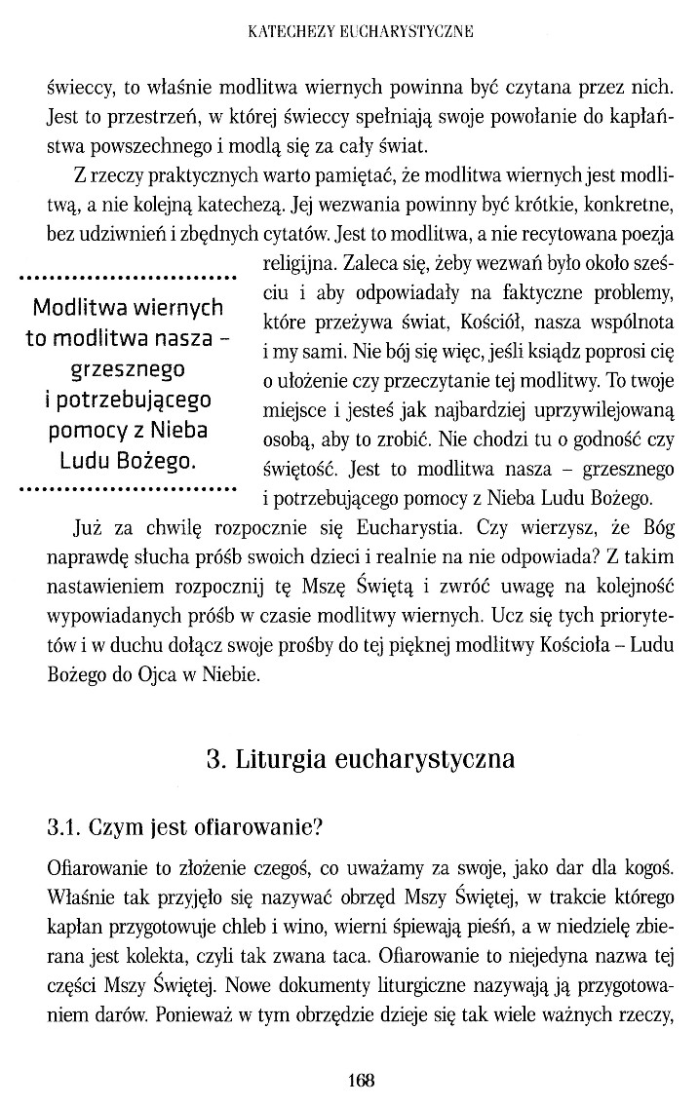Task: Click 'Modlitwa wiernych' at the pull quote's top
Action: click(128, 308)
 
